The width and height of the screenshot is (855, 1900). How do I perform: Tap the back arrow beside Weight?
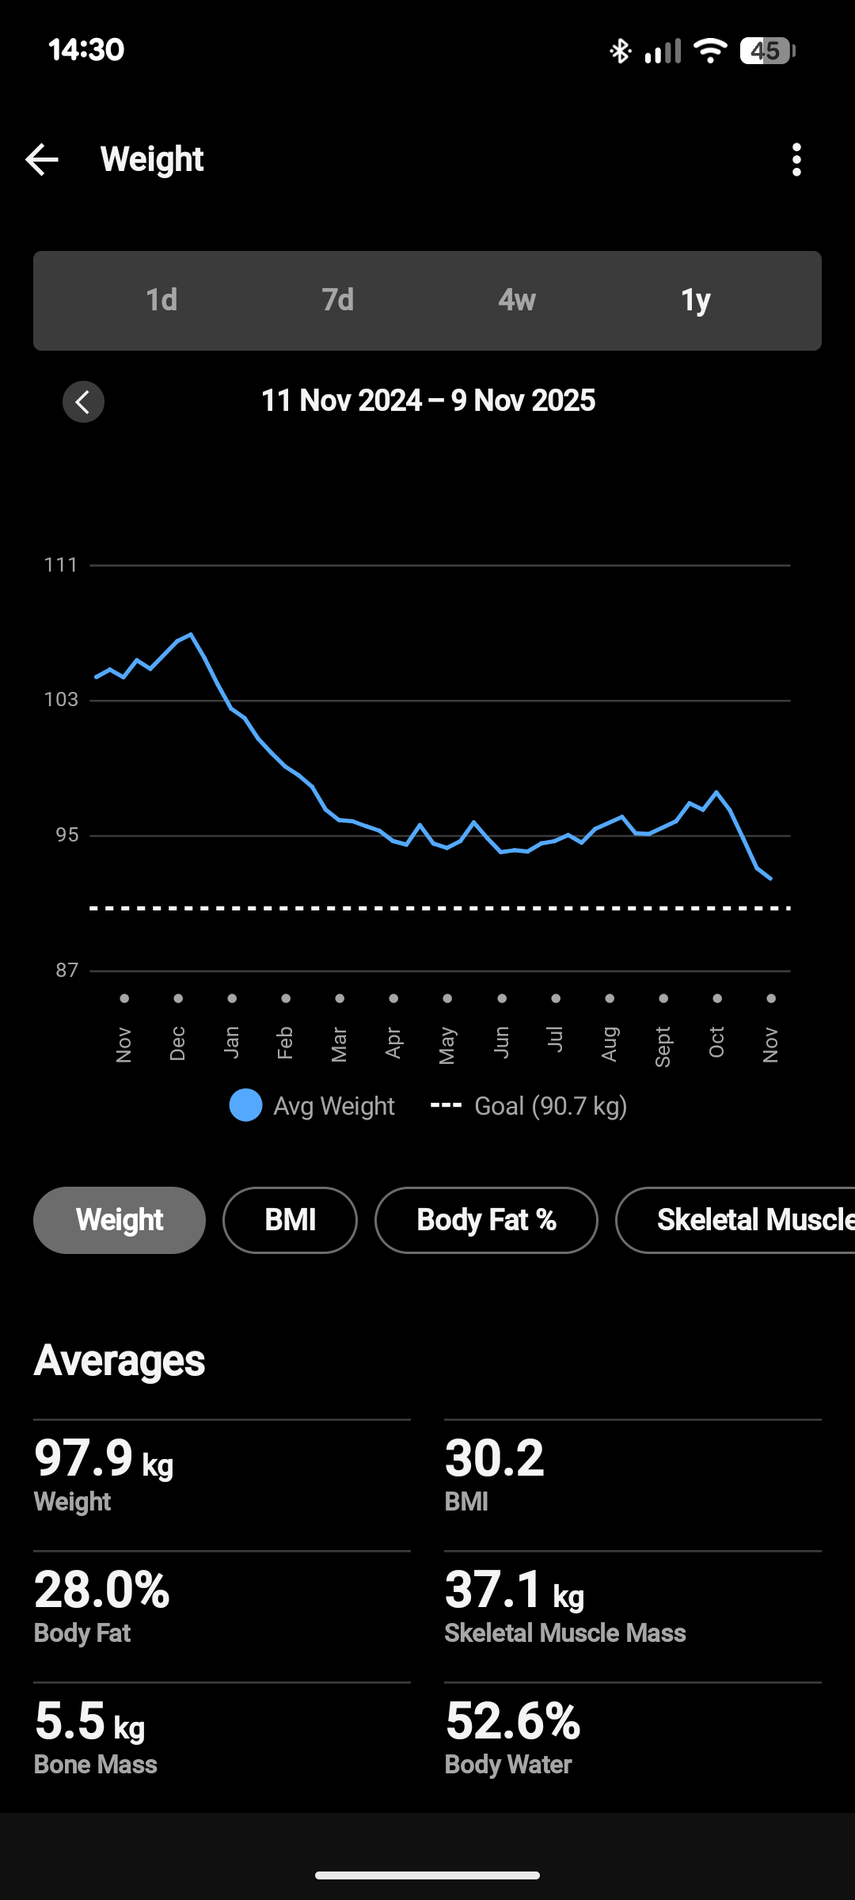42,160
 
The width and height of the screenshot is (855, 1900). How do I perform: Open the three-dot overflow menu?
796,160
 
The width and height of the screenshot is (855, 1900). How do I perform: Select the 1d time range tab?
161,301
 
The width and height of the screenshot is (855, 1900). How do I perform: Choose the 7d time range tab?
338,301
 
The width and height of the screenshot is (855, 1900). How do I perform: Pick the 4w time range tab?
517,301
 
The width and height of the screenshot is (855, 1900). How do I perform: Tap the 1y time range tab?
696,301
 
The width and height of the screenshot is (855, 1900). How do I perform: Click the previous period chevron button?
83,402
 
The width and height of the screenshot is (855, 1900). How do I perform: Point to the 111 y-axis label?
61,565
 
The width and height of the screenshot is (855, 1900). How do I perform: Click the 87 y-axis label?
66,971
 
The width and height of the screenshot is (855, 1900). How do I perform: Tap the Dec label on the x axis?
178,1043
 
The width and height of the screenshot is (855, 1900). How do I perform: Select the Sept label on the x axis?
663,1047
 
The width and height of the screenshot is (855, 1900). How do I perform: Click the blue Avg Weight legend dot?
245,1106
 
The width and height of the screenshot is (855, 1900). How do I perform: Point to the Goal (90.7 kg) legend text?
550,1106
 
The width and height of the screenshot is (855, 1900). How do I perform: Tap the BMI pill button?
290,1220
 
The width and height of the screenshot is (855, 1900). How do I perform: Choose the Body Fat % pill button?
486,1220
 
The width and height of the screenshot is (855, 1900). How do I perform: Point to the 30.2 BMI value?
495,1458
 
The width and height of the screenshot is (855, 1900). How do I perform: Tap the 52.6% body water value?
513,1721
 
